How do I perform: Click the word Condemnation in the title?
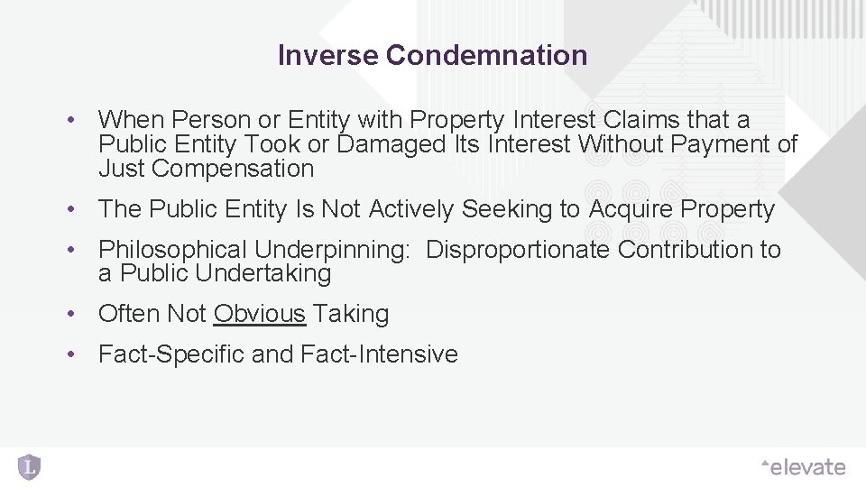pos(486,56)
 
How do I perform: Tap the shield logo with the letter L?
pos(29,466)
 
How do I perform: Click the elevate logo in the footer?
pos(804,467)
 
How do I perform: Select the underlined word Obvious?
pos(261,314)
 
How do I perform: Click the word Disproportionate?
pos(518,250)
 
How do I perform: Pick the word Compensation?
pos(233,169)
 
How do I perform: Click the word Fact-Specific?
pos(171,354)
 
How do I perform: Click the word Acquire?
pos(631,209)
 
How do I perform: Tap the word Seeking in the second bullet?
pos(508,209)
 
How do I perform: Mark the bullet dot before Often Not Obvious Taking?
pos(69,315)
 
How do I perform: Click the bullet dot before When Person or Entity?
pos(69,120)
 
